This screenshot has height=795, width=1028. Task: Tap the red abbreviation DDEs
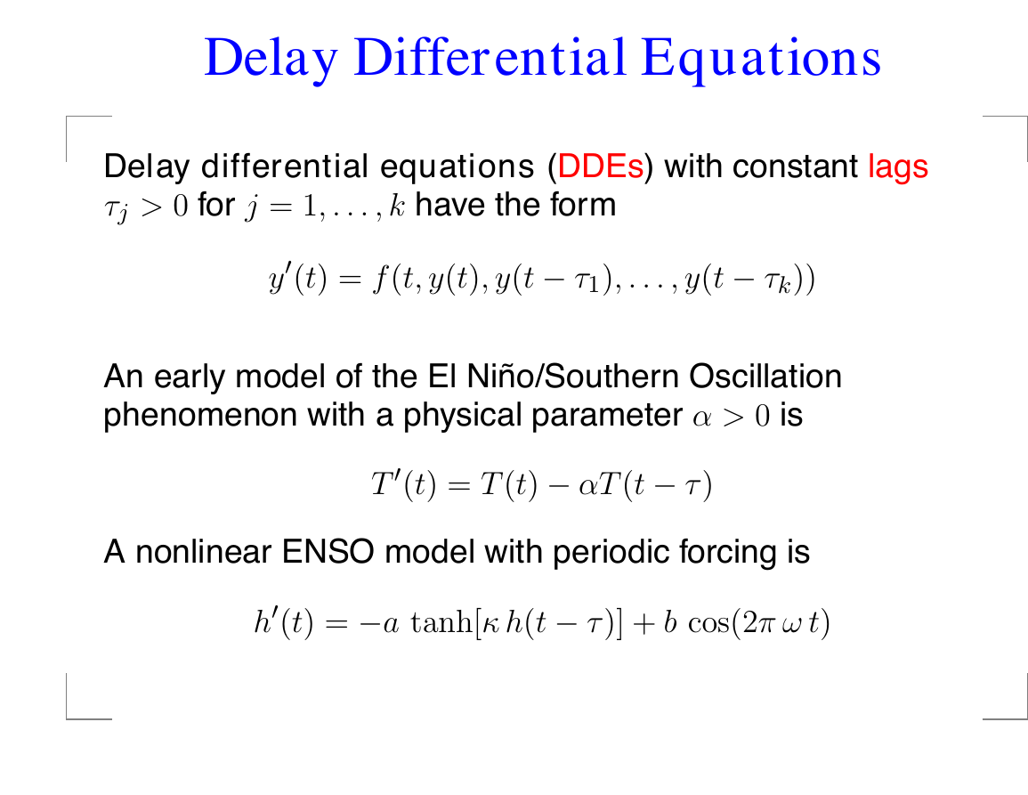click(x=601, y=166)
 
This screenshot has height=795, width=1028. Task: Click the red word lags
click(x=898, y=168)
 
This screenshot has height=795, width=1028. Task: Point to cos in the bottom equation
click(x=708, y=623)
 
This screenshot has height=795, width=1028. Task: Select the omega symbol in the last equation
click(x=790, y=624)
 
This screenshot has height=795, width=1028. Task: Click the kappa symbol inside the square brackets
click(x=490, y=624)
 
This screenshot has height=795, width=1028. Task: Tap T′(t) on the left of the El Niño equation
click(x=403, y=484)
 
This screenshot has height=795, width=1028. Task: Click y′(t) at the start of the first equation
click(x=297, y=280)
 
